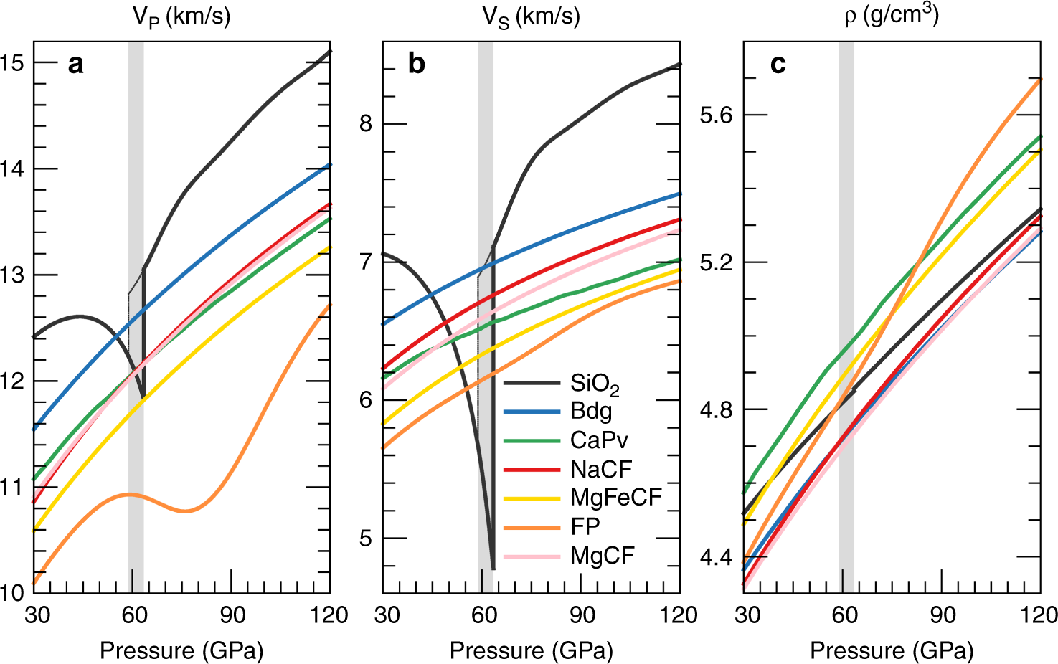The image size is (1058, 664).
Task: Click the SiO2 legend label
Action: coord(594,384)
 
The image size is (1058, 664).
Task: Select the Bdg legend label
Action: coord(591,412)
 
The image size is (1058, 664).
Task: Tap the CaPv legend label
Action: coord(599,440)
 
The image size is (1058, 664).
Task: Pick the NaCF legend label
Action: coord(601,470)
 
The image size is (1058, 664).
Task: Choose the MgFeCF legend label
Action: coord(615,498)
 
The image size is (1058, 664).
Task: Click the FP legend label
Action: coord(585,527)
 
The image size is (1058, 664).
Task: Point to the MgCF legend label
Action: coord(603,556)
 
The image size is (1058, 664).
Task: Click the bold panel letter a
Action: coord(75,65)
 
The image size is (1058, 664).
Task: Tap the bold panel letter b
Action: coord(416,65)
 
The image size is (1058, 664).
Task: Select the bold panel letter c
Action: coord(778,65)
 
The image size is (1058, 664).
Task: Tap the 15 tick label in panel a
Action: coord(12,63)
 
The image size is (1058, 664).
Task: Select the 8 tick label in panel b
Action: coord(366,123)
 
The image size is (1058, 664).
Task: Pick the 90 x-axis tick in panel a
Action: coord(232,615)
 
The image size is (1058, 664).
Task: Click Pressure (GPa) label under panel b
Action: coord(531,650)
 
